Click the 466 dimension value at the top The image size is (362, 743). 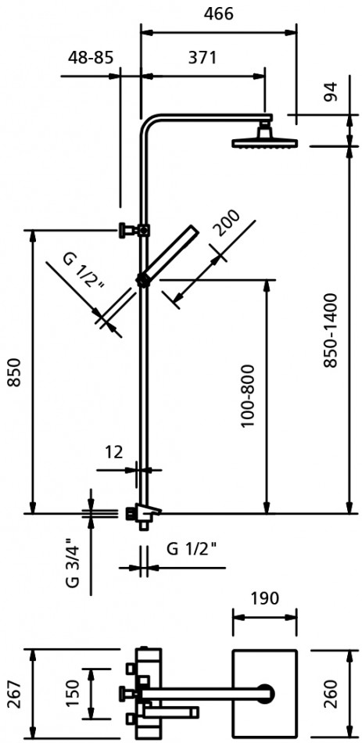[x=218, y=14]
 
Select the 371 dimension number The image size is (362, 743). [x=203, y=58]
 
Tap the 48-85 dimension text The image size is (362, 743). [x=91, y=58]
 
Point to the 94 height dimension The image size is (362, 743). [x=332, y=92]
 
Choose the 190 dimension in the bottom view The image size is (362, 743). [x=264, y=598]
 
